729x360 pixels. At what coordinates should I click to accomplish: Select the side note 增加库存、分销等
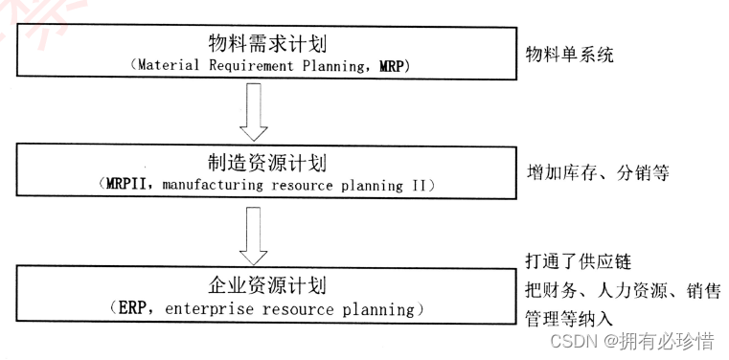click(597, 174)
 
